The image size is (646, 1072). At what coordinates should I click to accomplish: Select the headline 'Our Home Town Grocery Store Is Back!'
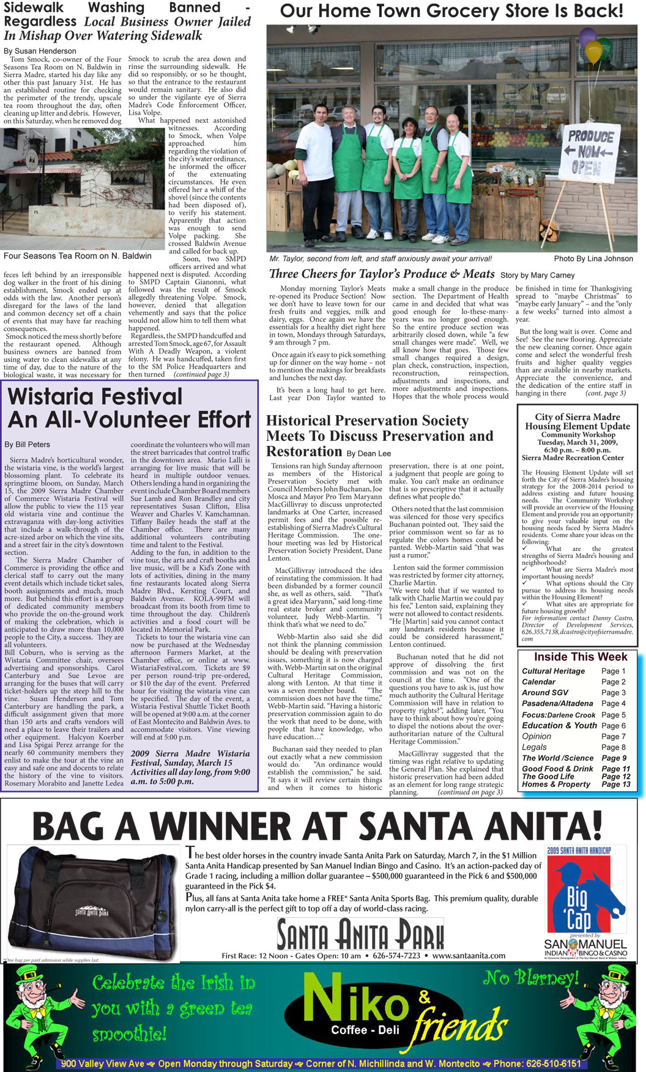(x=451, y=11)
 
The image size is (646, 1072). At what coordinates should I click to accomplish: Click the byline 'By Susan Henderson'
(x=40, y=51)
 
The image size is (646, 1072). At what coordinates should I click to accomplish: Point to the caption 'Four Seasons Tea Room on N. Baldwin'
(x=78, y=256)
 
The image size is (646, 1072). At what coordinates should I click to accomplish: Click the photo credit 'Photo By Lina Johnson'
(x=593, y=259)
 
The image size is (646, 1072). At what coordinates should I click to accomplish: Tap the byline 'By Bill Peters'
(x=27, y=444)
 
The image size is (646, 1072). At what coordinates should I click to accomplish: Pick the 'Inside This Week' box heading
(x=580, y=657)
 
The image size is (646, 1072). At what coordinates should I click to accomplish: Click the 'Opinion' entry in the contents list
(x=536, y=736)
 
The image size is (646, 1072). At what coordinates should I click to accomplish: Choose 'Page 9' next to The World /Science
(x=614, y=758)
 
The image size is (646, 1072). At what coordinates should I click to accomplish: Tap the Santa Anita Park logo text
(x=360, y=934)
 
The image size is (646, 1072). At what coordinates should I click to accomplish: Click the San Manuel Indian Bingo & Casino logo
(x=585, y=947)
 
